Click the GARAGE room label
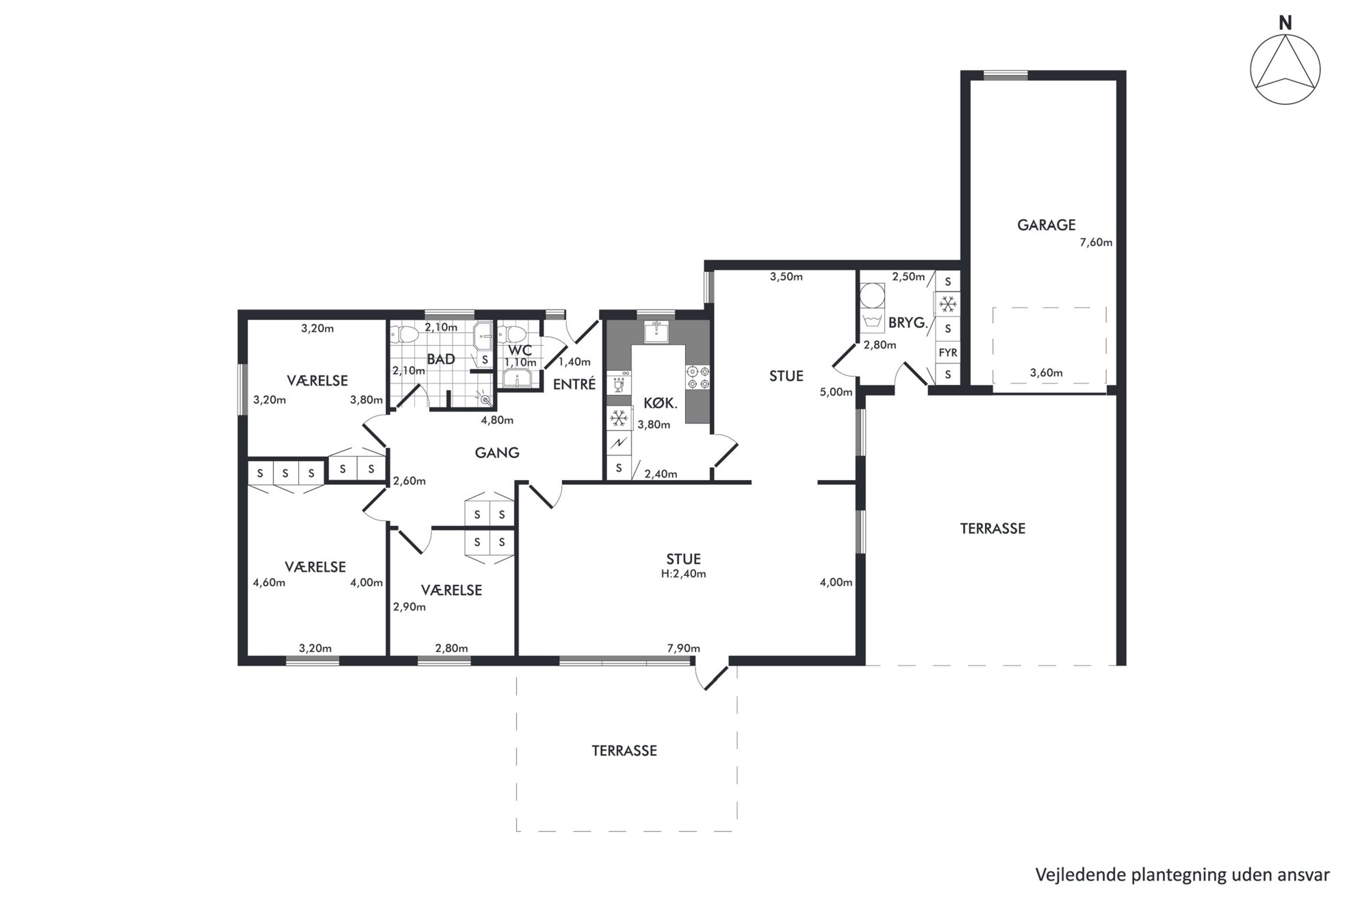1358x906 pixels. pyautogui.click(x=1046, y=225)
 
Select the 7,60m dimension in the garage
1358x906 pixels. pyautogui.click(x=1096, y=242)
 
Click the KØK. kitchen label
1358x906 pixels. pyautogui.click(x=661, y=403)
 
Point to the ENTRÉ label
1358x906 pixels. pyautogui.click(x=574, y=384)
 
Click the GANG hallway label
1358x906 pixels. pyautogui.click(x=497, y=453)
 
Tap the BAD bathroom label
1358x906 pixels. pyautogui.click(x=441, y=359)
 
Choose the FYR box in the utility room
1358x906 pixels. pyautogui.click(x=948, y=353)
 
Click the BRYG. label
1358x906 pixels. pyautogui.click(x=908, y=323)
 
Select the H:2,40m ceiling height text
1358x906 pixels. pyautogui.click(x=683, y=574)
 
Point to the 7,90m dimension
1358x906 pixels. pyautogui.click(x=683, y=649)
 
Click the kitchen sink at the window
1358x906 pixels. pyautogui.click(x=656, y=331)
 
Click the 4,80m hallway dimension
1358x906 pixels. pyautogui.click(x=497, y=420)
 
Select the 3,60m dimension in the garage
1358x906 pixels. pyautogui.click(x=1046, y=373)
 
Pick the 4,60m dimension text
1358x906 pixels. pyautogui.click(x=269, y=583)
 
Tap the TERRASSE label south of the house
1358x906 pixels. pyautogui.click(x=624, y=751)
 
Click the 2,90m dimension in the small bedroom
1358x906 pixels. pyautogui.click(x=409, y=607)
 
